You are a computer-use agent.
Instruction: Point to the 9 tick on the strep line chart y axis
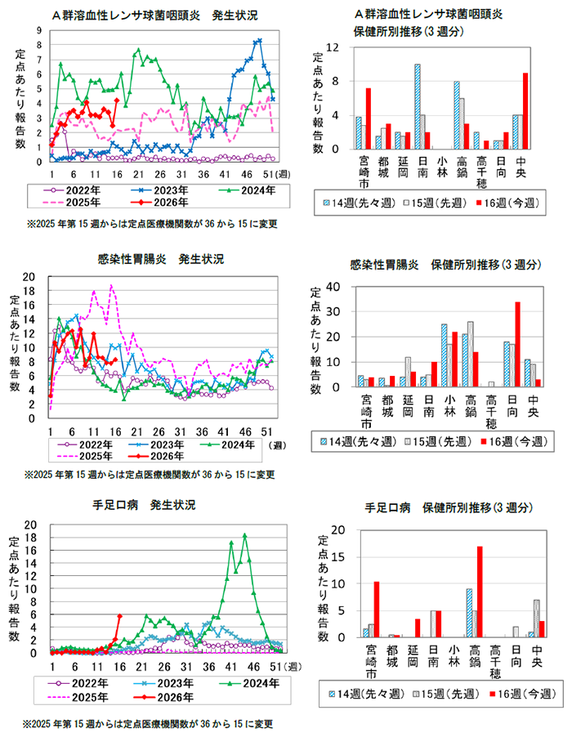coord(39,31)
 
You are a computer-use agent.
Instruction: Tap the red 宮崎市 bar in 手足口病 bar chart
coord(377,610)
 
